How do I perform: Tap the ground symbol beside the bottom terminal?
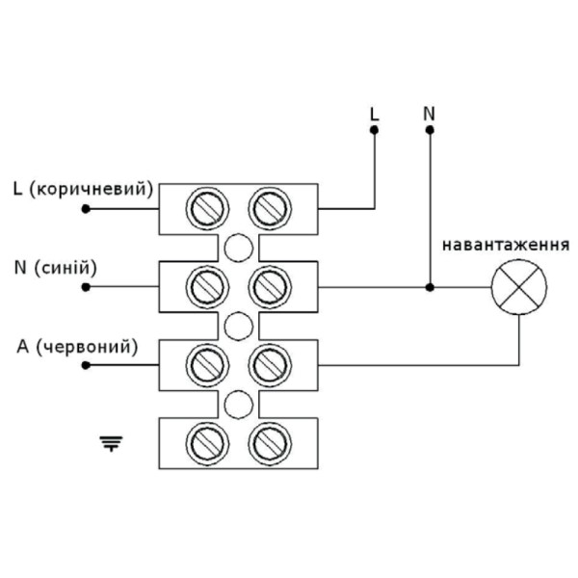[x=113, y=443]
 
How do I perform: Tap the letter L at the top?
[x=375, y=113]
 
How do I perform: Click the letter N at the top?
[x=430, y=113]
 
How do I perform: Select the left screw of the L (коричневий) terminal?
[x=205, y=207]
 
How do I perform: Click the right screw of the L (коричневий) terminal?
[x=269, y=207]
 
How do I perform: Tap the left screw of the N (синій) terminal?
[x=205, y=286]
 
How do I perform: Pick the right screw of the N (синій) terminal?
[x=269, y=286]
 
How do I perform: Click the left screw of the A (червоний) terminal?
[x=205, y=365]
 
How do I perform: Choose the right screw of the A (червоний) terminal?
[x=269, y=365]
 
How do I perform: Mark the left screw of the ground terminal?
[x=205, y=443]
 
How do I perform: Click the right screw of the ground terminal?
[x=269, y=443]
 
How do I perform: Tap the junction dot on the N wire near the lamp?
[x=430, y=287]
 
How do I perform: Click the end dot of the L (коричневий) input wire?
[x=86, y=207]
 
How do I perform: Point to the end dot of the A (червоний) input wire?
[x=86, y=365]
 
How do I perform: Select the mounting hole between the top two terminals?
[x=237, y=247]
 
